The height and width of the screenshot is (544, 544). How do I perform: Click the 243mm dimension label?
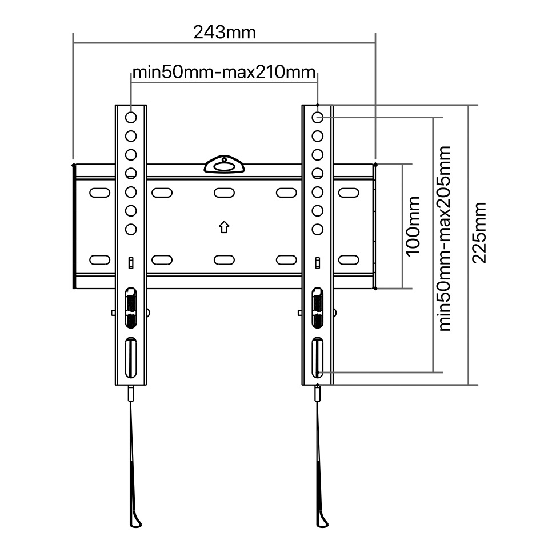pyautogui.click(x=225, y=33)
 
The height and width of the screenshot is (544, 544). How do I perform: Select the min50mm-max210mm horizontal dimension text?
pyautogui.click(x=224, y=72)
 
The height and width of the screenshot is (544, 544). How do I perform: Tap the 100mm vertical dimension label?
pyautogui.click(x=413, y=226)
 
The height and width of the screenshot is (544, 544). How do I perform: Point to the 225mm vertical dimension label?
pyautogui.click(x=479, y=233)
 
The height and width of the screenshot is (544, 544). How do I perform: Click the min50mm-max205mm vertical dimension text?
pyautogui.click(x=445, y=239)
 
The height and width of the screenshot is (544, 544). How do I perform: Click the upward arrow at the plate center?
pyautogui.click(x=224, y=227)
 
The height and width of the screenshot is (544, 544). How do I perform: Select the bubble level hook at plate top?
pyautogui.click(x=224, y=164)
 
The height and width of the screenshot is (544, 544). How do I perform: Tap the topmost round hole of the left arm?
pyautogui.click(x=131, y=117)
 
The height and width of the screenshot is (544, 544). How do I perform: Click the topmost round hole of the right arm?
pyautogui.click(x=318, y=117)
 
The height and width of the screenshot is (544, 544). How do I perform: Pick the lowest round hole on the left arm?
pyautogui.click(x=131, y=229)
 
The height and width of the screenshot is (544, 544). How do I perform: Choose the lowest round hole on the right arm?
pyautogui.click(x=318, y=229)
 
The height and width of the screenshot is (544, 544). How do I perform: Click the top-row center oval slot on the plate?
pyautogui.click(x=224, y=193)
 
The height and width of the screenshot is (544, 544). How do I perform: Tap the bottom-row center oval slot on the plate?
pyautogui.click(x=224, y=260)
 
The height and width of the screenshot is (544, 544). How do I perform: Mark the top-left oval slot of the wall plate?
pyautogui.click(x=99, y=193)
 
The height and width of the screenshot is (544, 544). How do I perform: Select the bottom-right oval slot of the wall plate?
pyautogui.click(x=349, y=260)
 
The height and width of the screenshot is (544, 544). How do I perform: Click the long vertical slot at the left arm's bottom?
pyautogui.click(x=131, y=357)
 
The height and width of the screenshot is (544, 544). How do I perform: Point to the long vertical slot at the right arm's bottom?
pyautogui.click(x=318, y=357)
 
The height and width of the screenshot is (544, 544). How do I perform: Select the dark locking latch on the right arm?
pyautogui.click(x=318, y=307)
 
